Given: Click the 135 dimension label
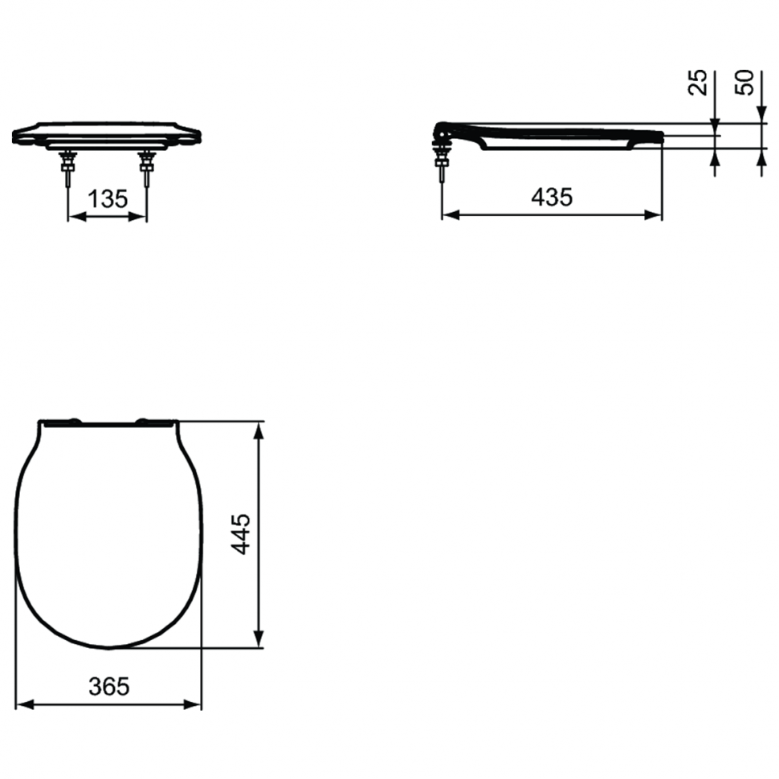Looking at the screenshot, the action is click(x=108, y=199).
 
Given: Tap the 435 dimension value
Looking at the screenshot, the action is click(x=552, y=198).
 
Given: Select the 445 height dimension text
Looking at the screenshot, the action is click(x=242, y=534).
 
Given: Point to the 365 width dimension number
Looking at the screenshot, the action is click(x=108, y=687).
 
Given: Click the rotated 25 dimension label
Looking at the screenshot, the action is click(x=698, y=82).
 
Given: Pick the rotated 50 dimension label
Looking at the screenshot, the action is click(x=744, y=82).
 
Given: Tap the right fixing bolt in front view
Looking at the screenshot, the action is click(x=146, y=167).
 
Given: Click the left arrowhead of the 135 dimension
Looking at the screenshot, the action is click(x=77, y=217).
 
